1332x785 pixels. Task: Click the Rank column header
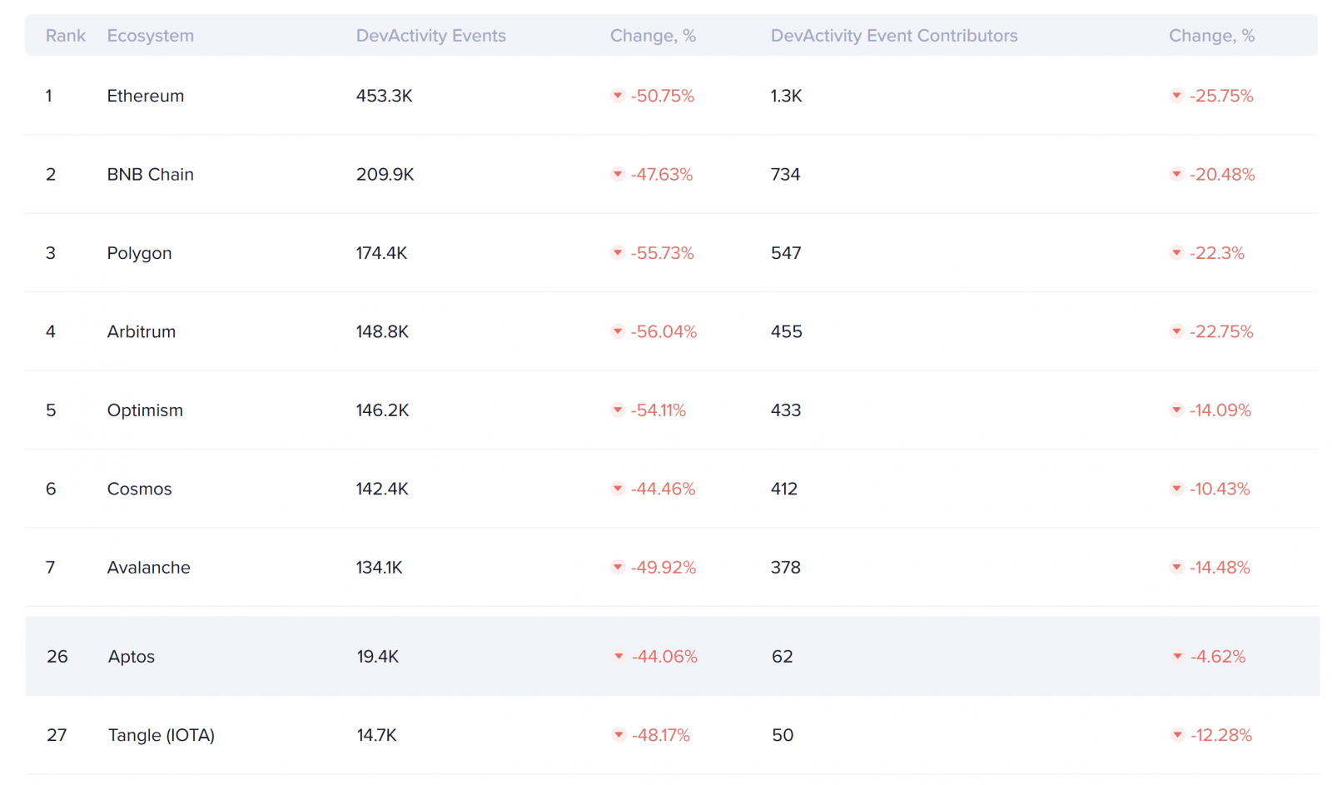click(65, 36)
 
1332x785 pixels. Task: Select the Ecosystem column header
click(150, 36)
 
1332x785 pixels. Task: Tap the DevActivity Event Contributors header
click(893, 36)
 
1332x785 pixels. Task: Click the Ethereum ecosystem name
click(145, 96)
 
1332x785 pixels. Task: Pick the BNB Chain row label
click(150, 175)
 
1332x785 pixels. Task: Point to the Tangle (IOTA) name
click(161, 735)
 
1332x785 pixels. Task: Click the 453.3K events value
click(384, 96)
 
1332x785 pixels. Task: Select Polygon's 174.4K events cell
click(381, 253)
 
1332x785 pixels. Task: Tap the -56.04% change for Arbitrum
click(664, 332)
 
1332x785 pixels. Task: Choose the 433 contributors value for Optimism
click(785, 410)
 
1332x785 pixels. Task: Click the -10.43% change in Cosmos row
click(1220, 489)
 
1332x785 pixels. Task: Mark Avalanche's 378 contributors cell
click(785, 568)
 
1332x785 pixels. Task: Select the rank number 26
click(57, 657)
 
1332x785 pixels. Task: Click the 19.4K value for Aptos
click(377, 657)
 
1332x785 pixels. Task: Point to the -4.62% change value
click(1217, 657)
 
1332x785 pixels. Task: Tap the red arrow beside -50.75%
click(618, 96)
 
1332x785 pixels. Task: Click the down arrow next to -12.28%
click(1177, 735)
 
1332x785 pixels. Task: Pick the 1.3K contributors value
click(786, 96)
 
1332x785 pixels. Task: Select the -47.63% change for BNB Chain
click(661, 175)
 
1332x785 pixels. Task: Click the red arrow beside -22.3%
click(1176, 253)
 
